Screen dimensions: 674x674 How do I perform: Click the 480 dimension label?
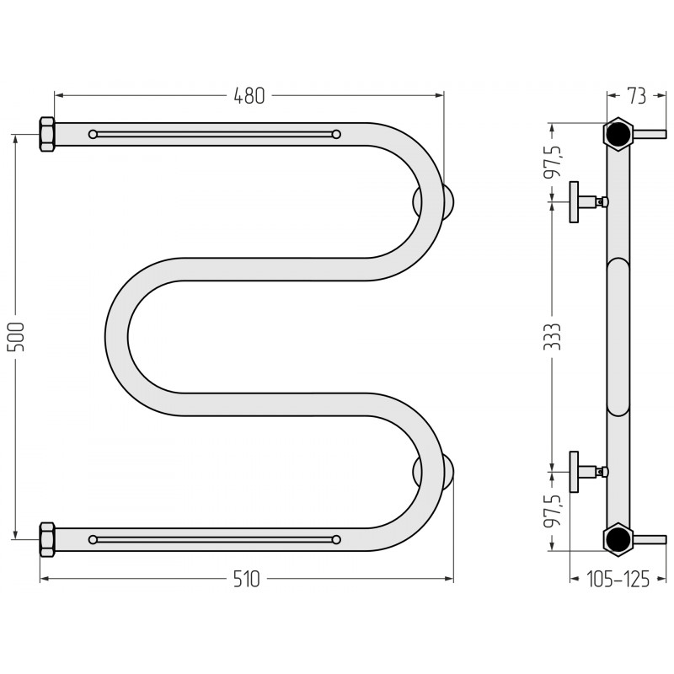tap(249, 96)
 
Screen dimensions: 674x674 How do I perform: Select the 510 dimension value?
tap(247, 579)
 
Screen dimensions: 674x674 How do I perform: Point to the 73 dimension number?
tap(637, 96)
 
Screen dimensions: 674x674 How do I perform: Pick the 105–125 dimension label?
tap(618, 579)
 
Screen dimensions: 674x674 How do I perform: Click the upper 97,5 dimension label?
tap(554, 161)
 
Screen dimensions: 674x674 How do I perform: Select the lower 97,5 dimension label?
tap(554, 511)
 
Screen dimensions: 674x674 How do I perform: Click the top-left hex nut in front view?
tap(47, 134)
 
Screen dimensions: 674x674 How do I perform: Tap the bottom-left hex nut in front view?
tap(47, 539)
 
